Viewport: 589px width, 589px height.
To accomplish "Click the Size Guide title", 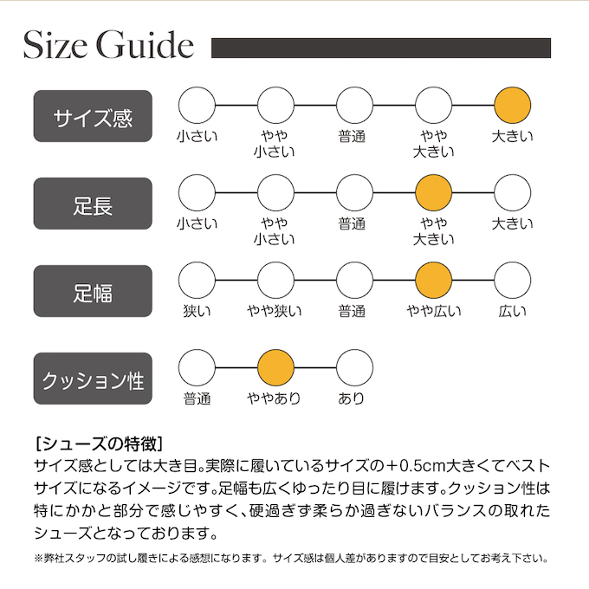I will pos(107,45).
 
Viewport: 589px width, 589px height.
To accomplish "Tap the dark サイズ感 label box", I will pos(93,116).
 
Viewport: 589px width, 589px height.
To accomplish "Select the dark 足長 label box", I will pos(93,204).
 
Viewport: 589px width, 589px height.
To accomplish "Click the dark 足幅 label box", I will pos(93,290).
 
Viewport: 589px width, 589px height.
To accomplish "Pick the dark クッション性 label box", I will pos(93,378).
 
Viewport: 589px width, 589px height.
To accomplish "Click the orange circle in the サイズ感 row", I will pos(512,106).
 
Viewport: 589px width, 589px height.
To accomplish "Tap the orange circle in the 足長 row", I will pos(434,193).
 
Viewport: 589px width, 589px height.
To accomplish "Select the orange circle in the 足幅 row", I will pos(434,280).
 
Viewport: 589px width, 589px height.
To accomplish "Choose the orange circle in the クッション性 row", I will pos(276,367).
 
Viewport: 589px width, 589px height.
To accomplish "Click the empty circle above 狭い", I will pos(197,280).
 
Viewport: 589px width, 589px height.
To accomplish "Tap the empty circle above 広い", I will pos(512,280).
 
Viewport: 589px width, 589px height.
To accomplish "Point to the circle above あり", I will pos(354,367).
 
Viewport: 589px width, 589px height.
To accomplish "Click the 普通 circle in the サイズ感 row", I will pos(354,106).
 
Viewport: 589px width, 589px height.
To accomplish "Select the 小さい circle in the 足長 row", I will pos(197,193).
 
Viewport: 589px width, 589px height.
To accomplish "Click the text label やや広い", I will pos(434,312).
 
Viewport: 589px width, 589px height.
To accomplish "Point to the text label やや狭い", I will pos(275,312).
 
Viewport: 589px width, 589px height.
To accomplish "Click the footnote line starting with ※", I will pos(290,559).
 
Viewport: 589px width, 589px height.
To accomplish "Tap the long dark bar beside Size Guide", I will pos(381,48).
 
